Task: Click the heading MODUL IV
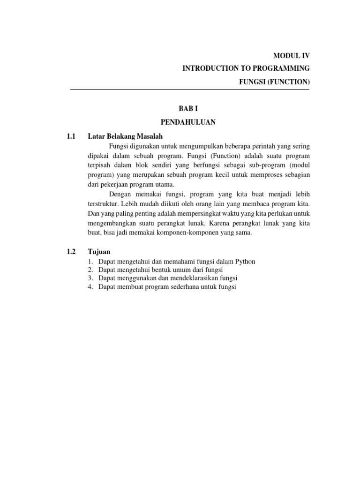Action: pyautogui.click(x=291, y=56)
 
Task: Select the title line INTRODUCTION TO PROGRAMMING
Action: pyautogui.click(x=246, y=69)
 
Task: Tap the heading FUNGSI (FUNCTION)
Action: pyautogui.click(x=274, y=82)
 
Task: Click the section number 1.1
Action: pyautogui.click(x=71, y=137)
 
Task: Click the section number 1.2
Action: pyautogui.click(x=71, y=252)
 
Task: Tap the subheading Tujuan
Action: pyautogui.click(x=99, y=252)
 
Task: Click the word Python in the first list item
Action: pyautogui.click(x=245, y=262)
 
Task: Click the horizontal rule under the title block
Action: pyautogui.click(x=190, y=90)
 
